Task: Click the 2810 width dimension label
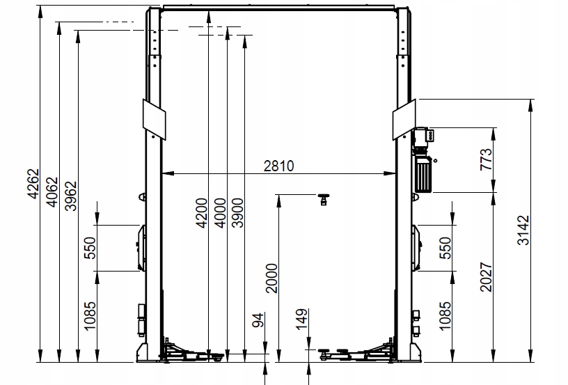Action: point(279,166)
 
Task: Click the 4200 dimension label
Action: point(201,214)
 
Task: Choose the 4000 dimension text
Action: point(219,214)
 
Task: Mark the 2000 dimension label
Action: point(271,278)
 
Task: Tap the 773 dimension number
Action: point(487,159)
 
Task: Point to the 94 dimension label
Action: point(258,321)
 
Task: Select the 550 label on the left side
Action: point(89,247)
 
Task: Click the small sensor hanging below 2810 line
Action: point(323,200)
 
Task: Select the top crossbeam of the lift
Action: point(279,8)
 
